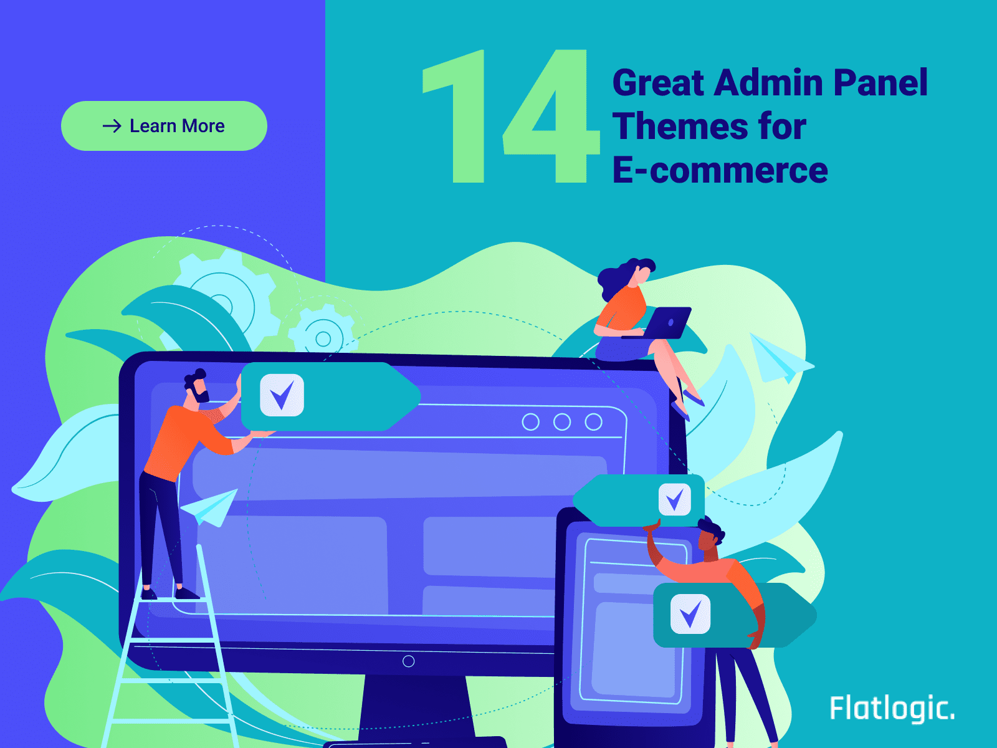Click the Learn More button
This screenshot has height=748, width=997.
[x=164, y=126]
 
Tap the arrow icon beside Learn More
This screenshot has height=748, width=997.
[x=112, y=126]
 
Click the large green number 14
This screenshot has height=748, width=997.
[x=511, y=117]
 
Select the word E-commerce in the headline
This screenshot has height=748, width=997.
[x=720, y=170]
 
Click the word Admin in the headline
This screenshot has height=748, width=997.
[x=768, y=83]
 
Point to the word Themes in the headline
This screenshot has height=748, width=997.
[x=680, y=127]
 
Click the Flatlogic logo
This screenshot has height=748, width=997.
[x=892, y=708]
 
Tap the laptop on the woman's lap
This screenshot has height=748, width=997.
[x=661, y=323]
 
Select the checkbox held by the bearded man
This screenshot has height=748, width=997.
[x=282, y=395]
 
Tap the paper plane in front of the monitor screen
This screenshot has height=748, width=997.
[x=210, y=507]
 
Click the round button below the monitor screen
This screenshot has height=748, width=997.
[x=408, y=661]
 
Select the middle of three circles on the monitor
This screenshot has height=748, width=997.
[x=562, y=422]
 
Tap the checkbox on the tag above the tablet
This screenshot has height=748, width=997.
[x=675, y=499]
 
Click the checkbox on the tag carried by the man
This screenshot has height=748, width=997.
[x=690, y=614]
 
